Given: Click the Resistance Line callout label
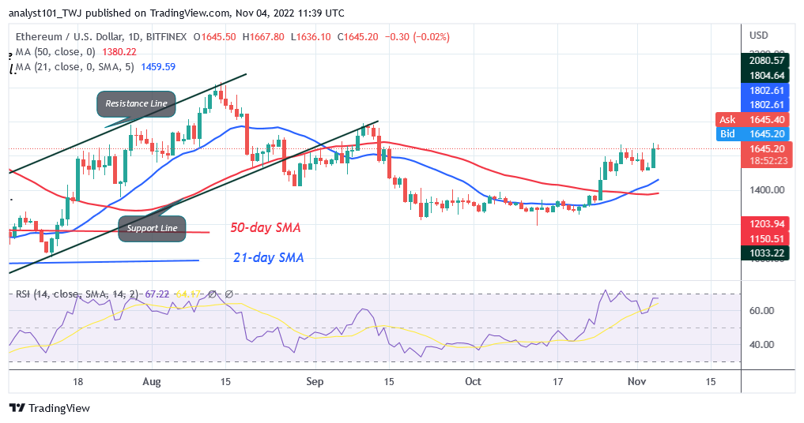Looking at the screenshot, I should click(x=136, y=103).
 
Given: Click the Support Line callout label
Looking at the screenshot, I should click(x=152, y=228).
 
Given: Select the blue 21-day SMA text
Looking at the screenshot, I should click(x=267, y=257).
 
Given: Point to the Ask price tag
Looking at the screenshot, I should click(x=727, y=119).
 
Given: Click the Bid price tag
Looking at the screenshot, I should click(x=727, y=133).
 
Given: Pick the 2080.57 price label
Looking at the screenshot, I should click(x=769, y=60).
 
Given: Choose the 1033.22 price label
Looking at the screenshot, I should click(x=769, y=253).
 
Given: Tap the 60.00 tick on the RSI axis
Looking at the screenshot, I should click(x=762, y=310).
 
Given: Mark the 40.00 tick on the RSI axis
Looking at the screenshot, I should click(x=762, y=345).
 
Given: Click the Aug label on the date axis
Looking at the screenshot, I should click(x=152, y=381).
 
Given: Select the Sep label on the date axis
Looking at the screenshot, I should click(x=315, y=381).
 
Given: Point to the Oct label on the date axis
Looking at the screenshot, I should click(x=473, y=381).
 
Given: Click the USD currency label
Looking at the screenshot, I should click(x=759, y=35).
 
